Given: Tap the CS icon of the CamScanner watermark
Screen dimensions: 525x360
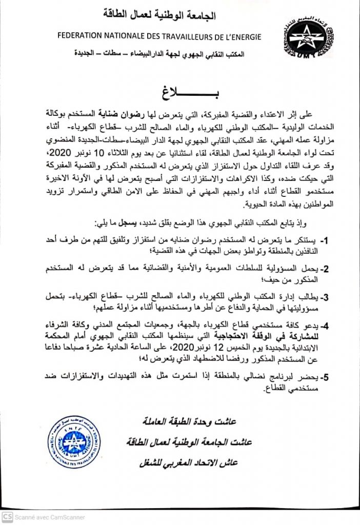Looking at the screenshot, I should (x=7, y=517).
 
